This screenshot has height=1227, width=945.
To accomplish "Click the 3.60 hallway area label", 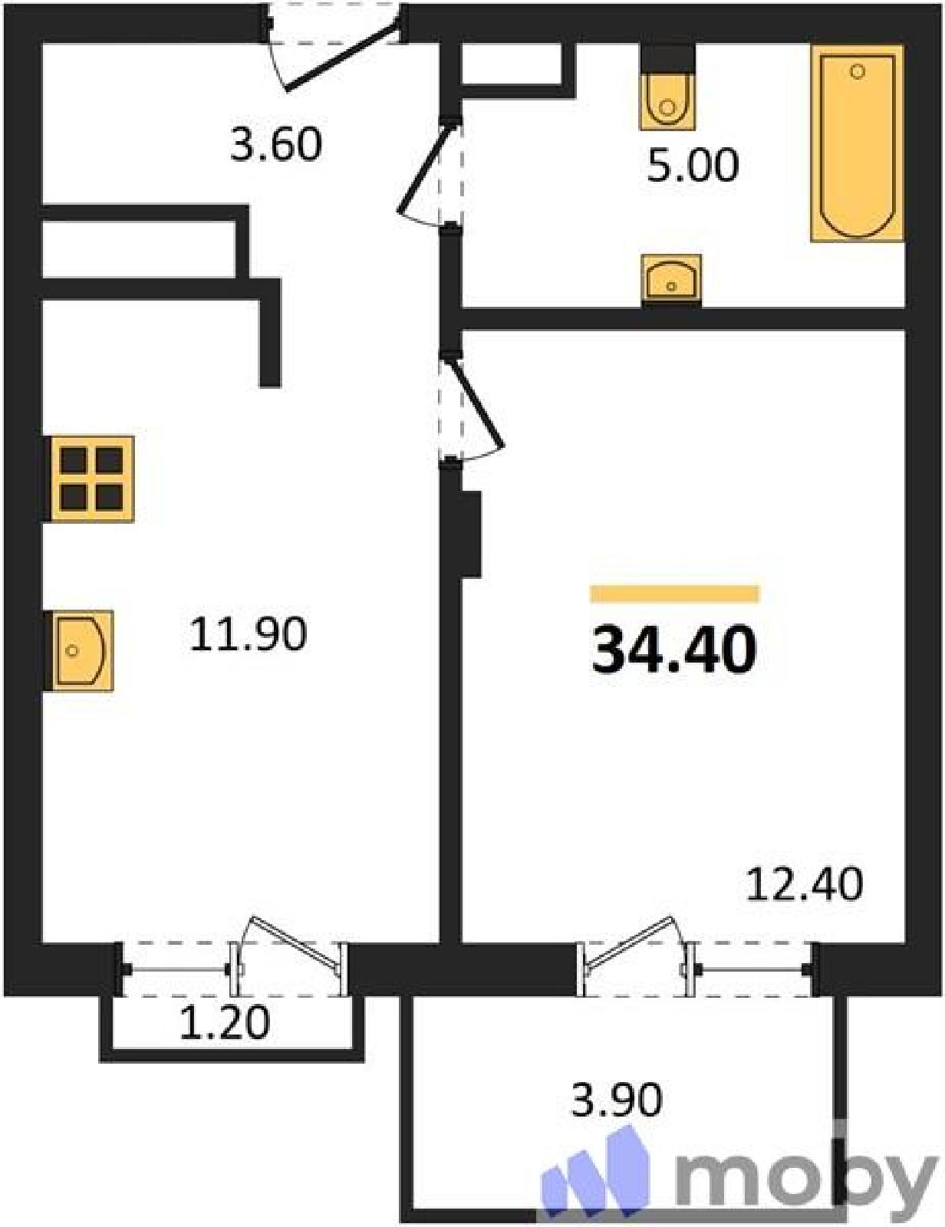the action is [x=276, y=144].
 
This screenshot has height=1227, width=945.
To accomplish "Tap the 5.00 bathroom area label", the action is [x=693, y=165].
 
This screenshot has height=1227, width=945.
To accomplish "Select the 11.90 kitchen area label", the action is [x=248, y=634].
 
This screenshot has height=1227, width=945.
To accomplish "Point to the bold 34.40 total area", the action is [x=673, y=650].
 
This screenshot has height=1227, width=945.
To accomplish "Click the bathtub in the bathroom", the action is [x=857, y=143].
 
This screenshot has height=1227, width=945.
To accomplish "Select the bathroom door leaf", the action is [x=426, y=168].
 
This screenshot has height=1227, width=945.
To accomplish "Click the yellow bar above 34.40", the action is [x=674, y=594].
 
